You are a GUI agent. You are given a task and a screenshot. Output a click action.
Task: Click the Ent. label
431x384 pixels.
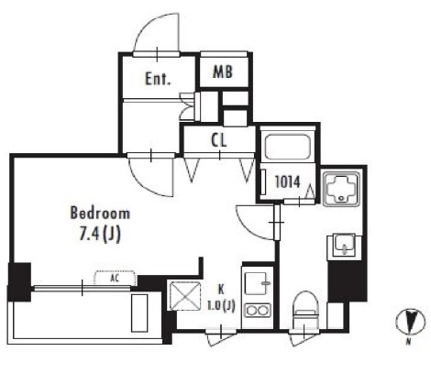tap(158, 79)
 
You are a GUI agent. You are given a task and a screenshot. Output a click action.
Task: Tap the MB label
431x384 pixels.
tap(223, 72)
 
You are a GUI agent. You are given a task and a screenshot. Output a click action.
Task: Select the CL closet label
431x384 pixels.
tap(219, 140)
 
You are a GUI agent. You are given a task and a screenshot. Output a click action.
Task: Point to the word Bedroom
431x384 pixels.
tap(100, 214)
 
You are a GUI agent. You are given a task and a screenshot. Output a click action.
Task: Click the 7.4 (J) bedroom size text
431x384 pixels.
tap(100, 235)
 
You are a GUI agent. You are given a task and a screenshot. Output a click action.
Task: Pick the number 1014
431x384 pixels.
tap(288, 182)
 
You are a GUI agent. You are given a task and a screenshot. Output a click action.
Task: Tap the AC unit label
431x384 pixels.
tap(115, 278)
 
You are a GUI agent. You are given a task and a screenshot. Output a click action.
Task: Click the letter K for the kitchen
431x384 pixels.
tap(221, 289)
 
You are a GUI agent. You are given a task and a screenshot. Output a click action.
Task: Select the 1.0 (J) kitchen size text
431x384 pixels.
tap(221, 306)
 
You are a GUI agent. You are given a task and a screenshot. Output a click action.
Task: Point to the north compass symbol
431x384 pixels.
tap(410, 322)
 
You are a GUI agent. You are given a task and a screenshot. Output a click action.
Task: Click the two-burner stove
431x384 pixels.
tap(258, 311)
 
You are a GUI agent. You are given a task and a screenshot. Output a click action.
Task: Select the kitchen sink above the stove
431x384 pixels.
tap(258, 283)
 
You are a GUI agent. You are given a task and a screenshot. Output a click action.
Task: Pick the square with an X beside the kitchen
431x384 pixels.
tap(185, 296)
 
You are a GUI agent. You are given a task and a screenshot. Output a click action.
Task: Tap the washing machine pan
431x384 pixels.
tap(341, 189)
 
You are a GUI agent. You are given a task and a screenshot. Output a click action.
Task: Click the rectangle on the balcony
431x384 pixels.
tap(139, 313)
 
